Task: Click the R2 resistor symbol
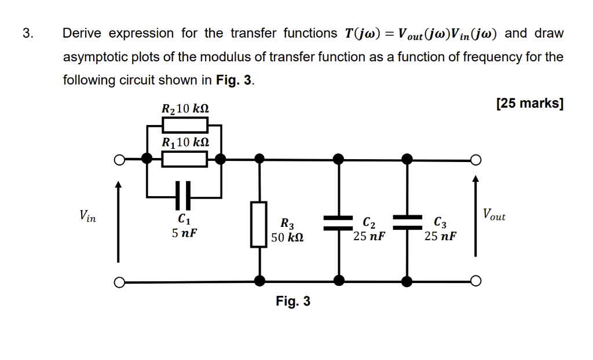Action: [184, 124]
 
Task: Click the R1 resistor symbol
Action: [184, 158]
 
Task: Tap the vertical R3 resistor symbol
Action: [259, 225]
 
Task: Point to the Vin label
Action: [87, 216]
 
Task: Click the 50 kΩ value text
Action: [287, 237]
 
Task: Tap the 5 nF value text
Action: [184, 233]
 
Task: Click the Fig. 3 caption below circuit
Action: [293, 302]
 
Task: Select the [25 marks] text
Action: [529, 104]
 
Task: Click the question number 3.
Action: [28, 34]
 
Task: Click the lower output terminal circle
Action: [475, 281]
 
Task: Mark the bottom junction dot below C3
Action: [407, 281]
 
